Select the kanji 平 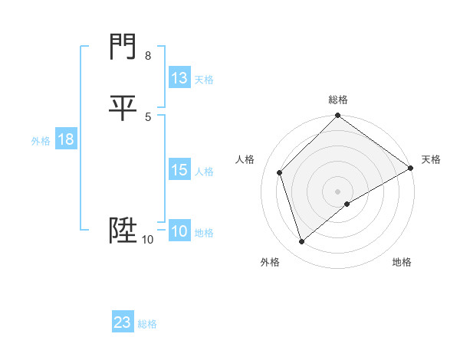(123, 107)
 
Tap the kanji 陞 (123, 230)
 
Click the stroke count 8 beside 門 (147, 56)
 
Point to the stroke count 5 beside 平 (147, 116)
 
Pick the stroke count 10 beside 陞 (147, 240)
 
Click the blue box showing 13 (179, 78)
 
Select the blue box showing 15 (179, 170)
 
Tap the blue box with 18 (66, 139)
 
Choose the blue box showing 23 (123, 322)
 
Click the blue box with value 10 (179, 231)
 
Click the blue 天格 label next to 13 (204, 80)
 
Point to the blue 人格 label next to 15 (204, 172)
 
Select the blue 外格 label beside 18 (41, 141)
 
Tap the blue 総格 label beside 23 (147, 324)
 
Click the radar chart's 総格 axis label (338, 100)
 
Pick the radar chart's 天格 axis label (431, 159)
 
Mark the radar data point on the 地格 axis (347, 204)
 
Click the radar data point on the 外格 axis (301, 242)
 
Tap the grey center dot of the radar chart (338, 191)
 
